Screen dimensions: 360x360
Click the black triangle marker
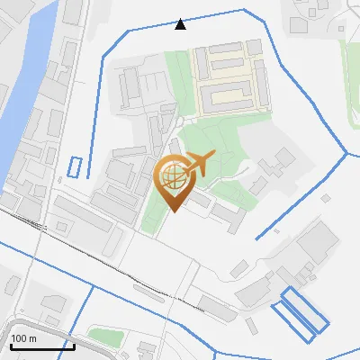click(x=181, y=23)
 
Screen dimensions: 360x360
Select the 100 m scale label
click(x=23, y=339)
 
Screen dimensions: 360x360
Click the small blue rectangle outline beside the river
click(x=75, y=166)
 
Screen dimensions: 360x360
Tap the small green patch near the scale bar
click(x=105, y=337)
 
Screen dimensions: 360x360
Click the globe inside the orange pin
click(x=173, y=174)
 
